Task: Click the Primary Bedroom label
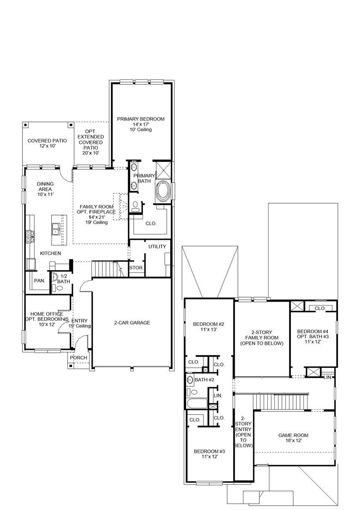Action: click(x=140, y=124)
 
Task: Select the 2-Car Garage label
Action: click(x=132, y=323)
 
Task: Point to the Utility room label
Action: click(x=157, y=246)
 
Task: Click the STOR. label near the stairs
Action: click(x=135, y=268)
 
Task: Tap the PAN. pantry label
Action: click(x=39, y=281)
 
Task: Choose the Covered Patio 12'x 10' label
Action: click(x=47, y=143)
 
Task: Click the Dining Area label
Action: click(x=45, y=189)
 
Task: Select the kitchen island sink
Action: click(x=56, y=229)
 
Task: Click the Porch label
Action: click(x=79, y=358)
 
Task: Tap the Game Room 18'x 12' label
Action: click(x=293, y=438)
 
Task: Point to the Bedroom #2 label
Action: click(x=209, y=326)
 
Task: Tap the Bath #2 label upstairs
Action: click(x=204, y=380)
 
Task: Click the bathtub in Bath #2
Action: click(x=196, y=404)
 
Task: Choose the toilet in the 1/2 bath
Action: click(x=60, y=288)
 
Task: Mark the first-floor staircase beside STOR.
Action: click(x=106, y=268)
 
